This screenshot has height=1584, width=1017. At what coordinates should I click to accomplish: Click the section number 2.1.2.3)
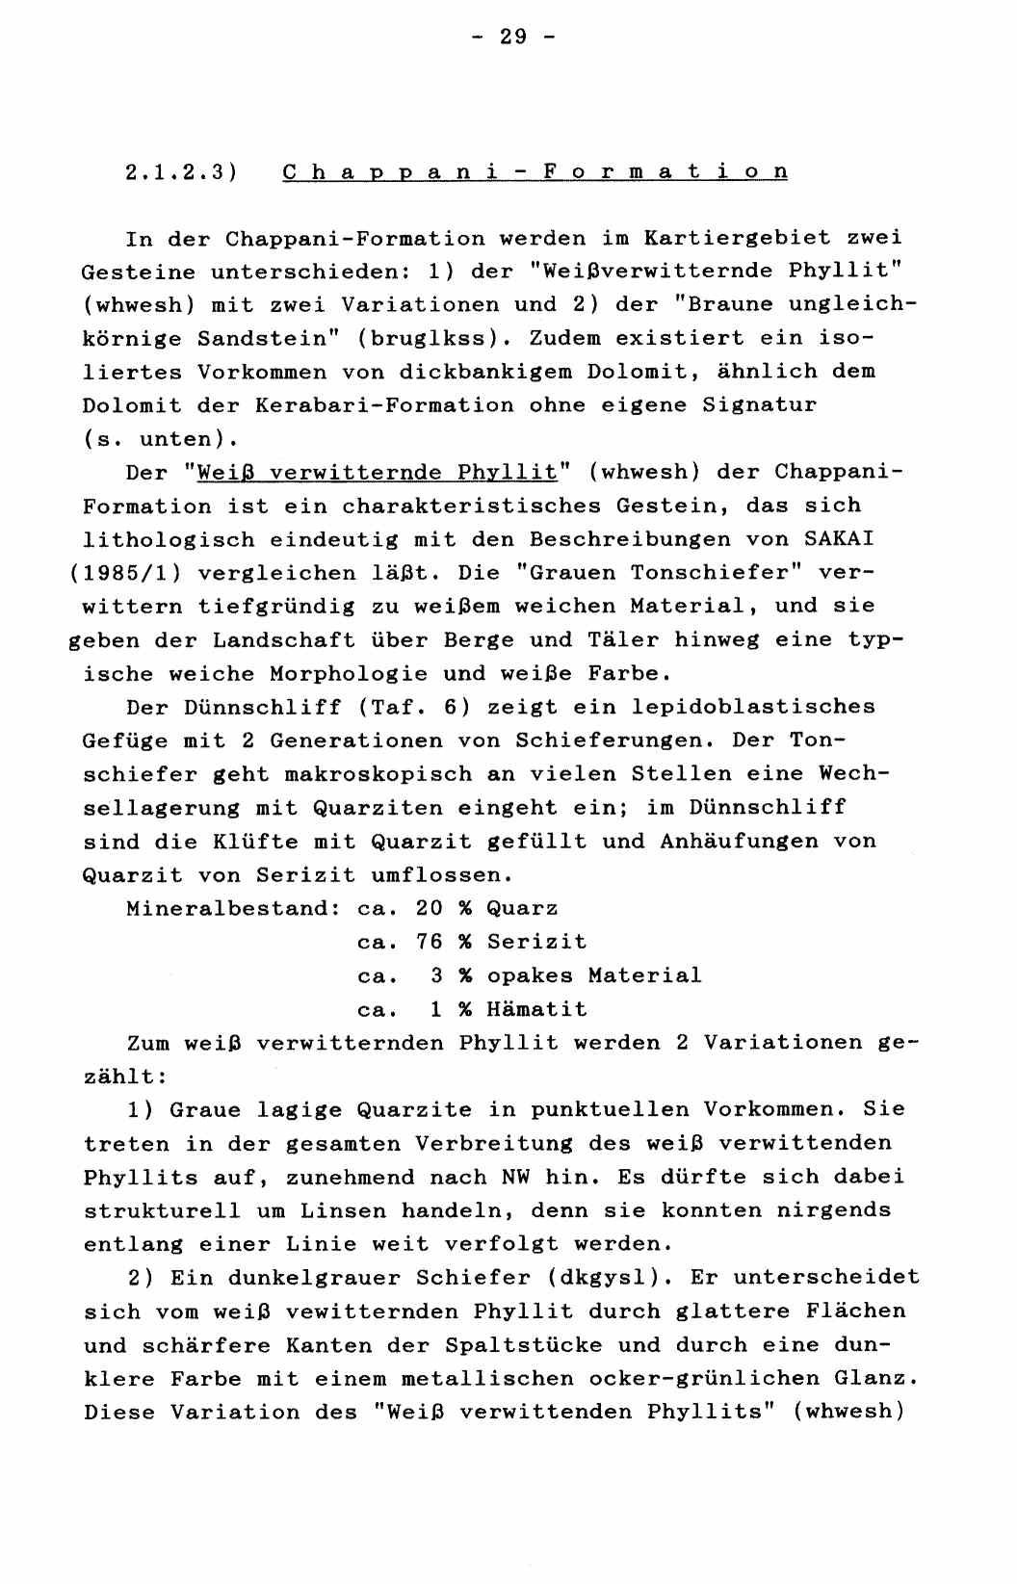(x=181, y=172)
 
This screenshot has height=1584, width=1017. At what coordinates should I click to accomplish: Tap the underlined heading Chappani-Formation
(x=535, y=172)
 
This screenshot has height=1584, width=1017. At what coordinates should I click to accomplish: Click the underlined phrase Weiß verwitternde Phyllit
(x=377, y=473)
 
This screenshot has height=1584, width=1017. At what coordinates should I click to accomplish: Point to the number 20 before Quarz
(x=429, y=909)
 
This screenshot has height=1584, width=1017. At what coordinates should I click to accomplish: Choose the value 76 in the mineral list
(x=429, y=943)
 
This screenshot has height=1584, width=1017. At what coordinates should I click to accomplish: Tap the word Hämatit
(x=536, y=1010)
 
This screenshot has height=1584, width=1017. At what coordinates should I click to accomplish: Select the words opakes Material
(x=594, y=976)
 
